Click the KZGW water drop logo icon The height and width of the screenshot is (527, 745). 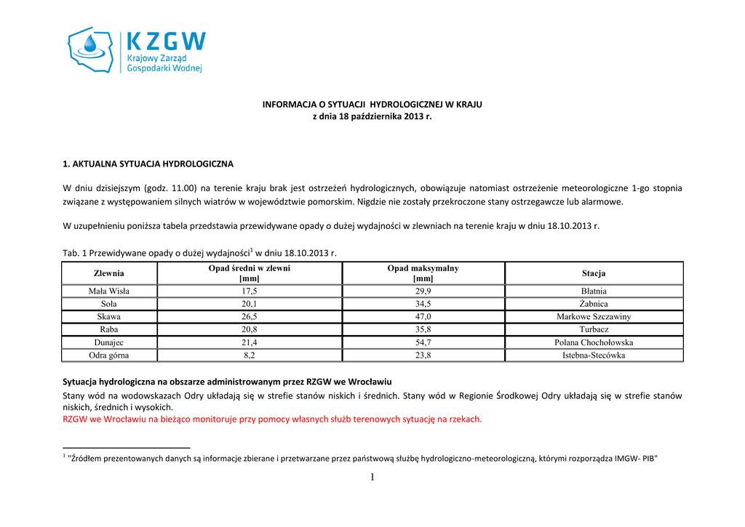tap(91, 49)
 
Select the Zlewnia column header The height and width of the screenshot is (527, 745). tap(109, 273)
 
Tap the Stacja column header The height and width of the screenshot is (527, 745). tap(594, 273)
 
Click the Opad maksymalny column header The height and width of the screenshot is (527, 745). tap(423, 273)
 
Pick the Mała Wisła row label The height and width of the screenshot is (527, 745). tap(109, 291)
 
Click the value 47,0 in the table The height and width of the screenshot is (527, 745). tap(423, 317)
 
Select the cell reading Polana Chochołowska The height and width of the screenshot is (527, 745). tap(594, 342)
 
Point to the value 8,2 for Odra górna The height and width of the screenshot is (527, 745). tap(250, 355)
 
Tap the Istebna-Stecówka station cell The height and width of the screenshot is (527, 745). tap(594, 355)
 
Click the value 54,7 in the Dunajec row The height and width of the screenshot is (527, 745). tap(423, 342)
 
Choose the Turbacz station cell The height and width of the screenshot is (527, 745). tap(594, 329)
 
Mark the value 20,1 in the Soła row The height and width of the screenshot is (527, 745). tap(250, 304)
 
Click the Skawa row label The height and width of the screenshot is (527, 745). tap(109, 317)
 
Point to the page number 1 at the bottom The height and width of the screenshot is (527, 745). tap(372, 477)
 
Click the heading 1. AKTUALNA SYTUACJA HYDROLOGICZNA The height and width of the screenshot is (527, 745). tap(148, 164)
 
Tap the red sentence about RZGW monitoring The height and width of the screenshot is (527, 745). tap(272, 419)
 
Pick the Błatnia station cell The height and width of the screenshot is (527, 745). tap(594, 291)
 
